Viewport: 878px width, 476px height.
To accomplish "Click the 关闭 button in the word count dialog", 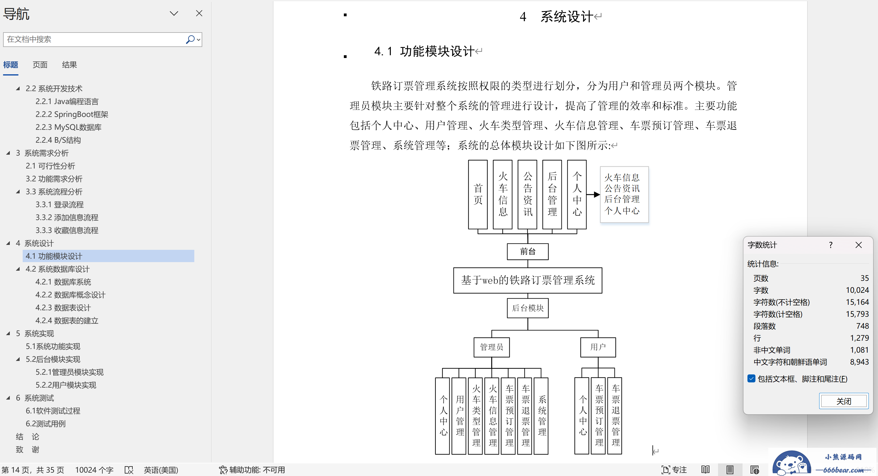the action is coord(844,401).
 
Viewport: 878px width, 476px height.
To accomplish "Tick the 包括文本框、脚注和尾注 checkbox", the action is coord(751,378).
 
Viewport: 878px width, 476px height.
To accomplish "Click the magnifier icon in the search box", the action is coord(190,40).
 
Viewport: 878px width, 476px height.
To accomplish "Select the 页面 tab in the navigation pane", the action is coord(40,65).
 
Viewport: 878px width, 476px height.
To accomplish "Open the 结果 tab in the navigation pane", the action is coord(69,65).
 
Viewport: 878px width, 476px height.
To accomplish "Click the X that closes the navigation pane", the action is coord(199,13).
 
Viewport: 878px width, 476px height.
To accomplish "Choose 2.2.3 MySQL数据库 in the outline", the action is coord(69,127).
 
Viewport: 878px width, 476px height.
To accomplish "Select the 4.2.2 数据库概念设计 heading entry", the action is coord(70,295).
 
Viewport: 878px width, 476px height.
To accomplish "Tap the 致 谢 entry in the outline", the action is coord(28,449).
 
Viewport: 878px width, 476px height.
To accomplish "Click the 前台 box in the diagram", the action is coord(528,251).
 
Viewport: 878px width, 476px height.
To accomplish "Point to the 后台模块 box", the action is coord(528,308).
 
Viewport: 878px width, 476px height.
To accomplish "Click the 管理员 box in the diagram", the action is coord(492,347).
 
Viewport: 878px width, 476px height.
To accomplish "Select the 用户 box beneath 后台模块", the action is coord(598,347).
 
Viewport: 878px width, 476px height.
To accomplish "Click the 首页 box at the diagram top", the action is coord(478,195).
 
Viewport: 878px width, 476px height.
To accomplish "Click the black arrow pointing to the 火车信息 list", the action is coord(593,195).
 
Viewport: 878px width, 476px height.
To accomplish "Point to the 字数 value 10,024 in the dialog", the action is coord(857,290).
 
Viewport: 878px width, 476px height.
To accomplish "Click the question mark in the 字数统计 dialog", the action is coord(830,245).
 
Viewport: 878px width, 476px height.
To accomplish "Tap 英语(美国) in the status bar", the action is coord(161,470).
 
